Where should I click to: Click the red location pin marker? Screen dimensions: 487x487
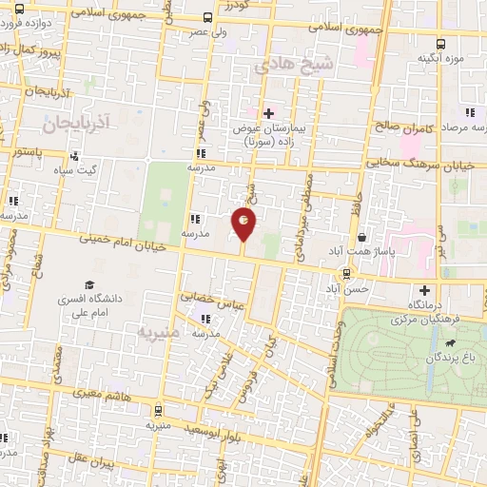click(x=244, y=224)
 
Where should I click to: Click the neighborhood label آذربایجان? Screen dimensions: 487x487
click(x=78, y=122)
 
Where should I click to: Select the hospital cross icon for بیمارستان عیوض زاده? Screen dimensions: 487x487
click(x=269, y=113)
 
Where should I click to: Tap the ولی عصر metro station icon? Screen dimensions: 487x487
click(x=208, y=17)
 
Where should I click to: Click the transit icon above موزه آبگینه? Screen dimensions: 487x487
click(x=439, y=43)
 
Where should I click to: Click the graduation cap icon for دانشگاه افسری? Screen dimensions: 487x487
click(x=89, y=283)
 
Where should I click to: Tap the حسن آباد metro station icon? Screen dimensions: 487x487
click(x=347, y=273)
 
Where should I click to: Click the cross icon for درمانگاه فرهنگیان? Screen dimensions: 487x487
click(x=424, y=290)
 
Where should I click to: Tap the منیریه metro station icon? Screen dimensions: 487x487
click(x=158, y=411)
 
